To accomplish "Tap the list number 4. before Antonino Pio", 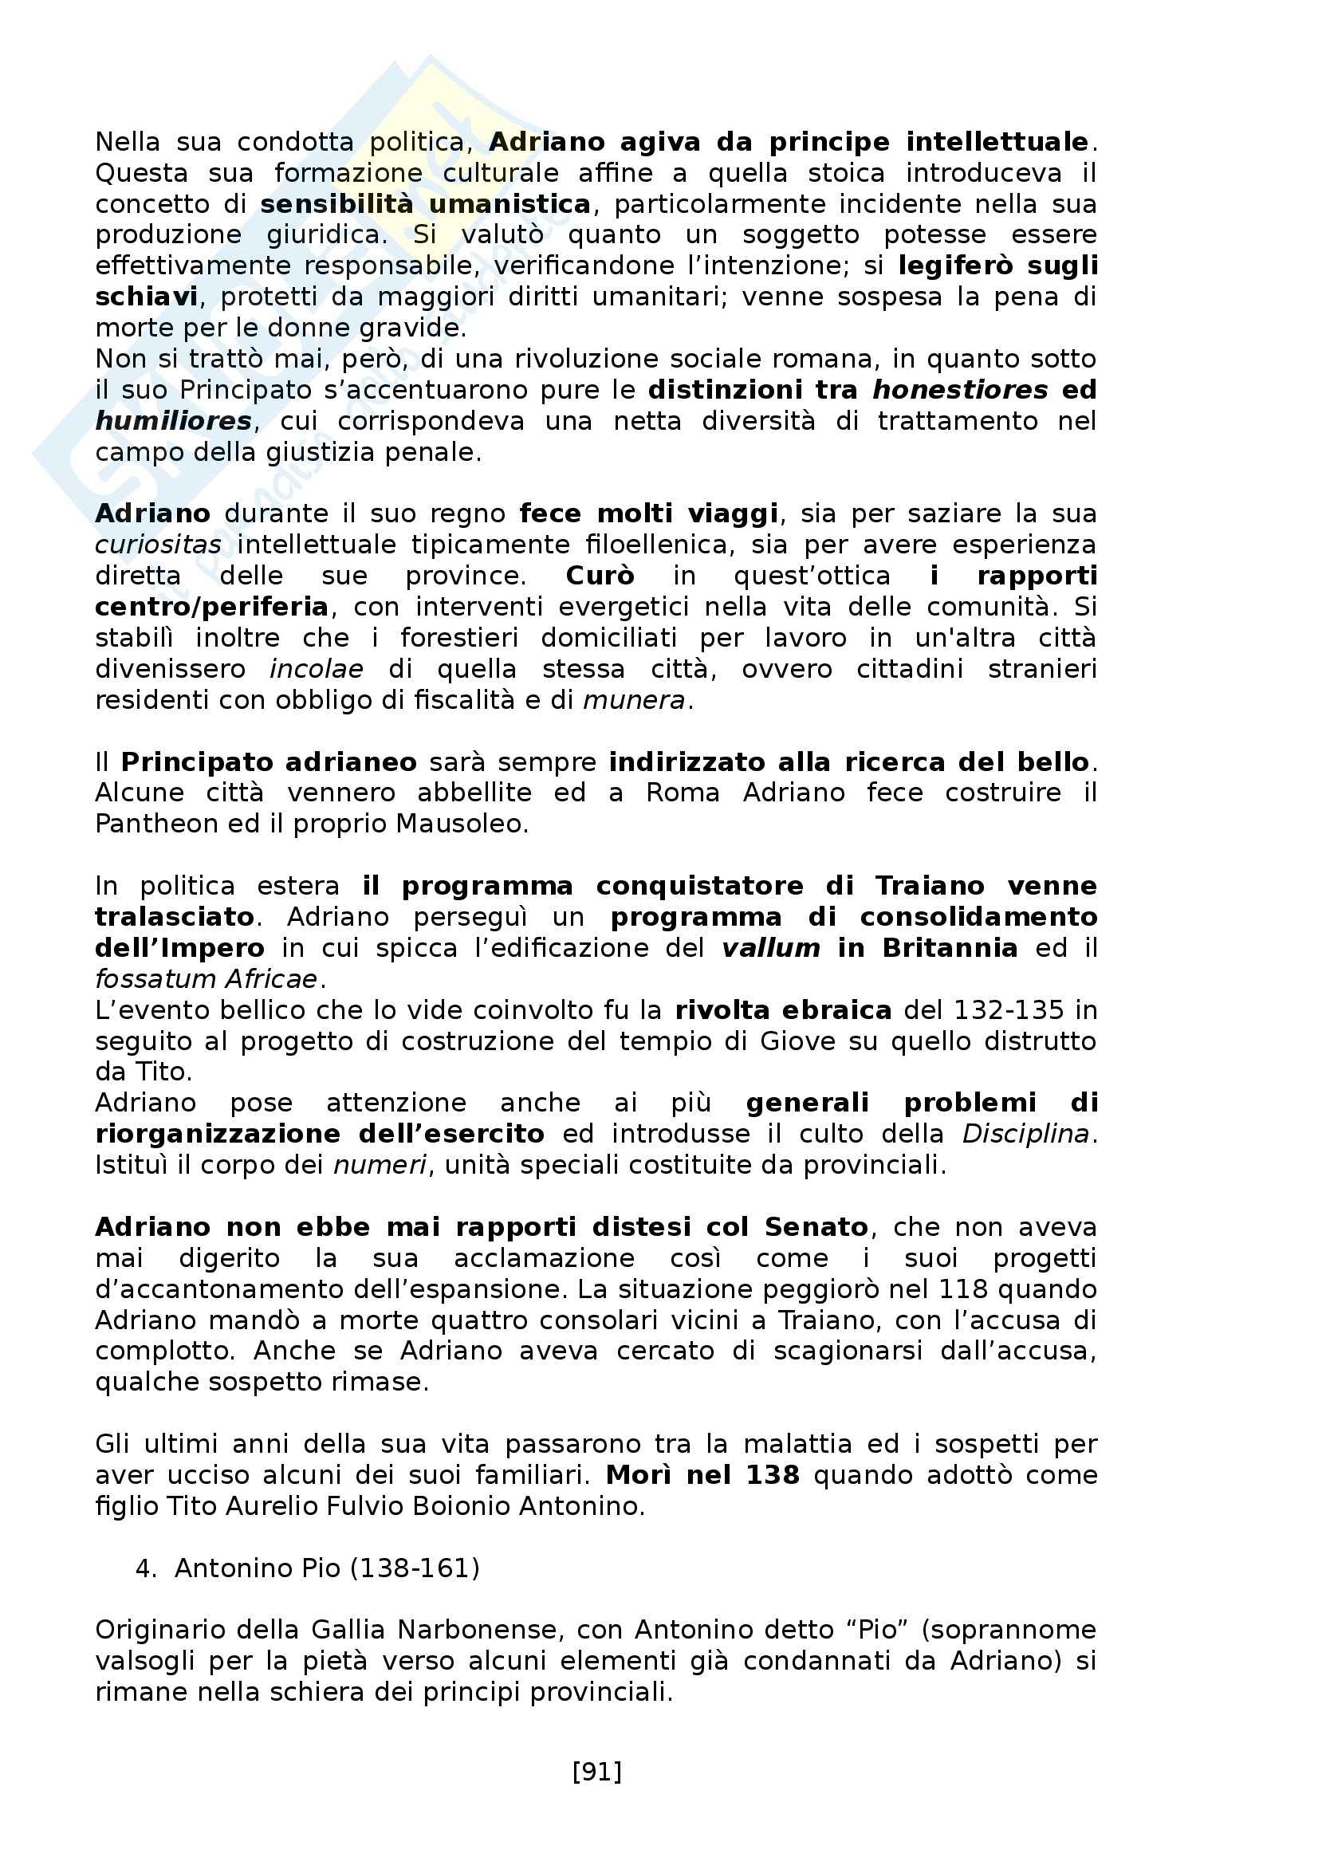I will point(146,1568).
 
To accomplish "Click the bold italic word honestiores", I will point(960,390).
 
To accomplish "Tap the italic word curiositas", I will point(158,545).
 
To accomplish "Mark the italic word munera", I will point(634,699).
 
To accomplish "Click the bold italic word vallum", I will point(771,948).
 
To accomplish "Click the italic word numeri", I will point(380,1165).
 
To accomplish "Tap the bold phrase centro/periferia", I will point(212,607).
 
